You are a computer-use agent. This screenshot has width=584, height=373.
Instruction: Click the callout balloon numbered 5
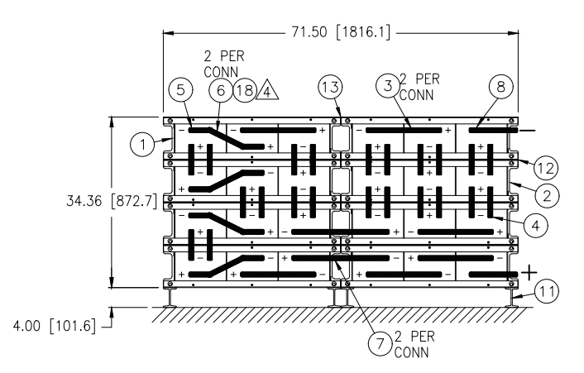coord(180,90)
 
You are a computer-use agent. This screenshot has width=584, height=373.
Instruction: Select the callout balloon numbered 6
coord(221,90)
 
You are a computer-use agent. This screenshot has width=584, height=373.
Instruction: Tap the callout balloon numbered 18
coord(245,90)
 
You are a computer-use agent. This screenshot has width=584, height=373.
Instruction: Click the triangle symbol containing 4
coord(267,90)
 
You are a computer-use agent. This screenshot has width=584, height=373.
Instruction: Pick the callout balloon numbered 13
coord(330,87)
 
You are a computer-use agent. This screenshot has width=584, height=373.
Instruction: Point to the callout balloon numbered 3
coord(388,86)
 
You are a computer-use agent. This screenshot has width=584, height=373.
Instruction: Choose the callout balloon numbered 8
coord(501,87)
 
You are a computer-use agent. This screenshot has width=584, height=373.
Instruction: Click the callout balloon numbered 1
coord(142,144)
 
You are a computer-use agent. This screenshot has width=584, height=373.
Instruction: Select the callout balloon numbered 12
coord(546,168)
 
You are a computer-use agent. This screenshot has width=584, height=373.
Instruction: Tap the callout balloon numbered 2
coord(547,195)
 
